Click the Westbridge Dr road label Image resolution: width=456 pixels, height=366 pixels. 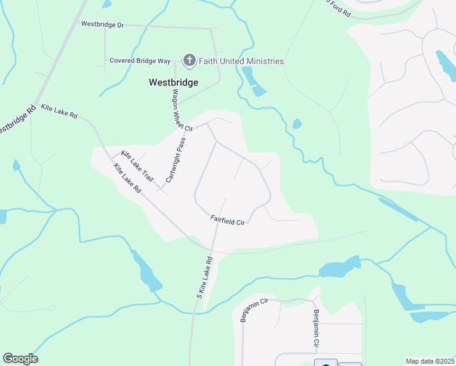(x=102, y=24)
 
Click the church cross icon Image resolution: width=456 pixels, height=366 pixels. (x=189, y=60)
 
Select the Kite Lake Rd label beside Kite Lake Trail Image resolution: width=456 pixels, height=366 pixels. (x=127, y=178)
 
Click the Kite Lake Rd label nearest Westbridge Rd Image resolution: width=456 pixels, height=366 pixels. (x=59, y=110)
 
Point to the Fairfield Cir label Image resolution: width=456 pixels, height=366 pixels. (x=227, y=220)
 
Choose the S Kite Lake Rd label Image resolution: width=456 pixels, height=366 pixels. (x=204, y=277)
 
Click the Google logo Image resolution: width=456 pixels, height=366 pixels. (x=20, y=359)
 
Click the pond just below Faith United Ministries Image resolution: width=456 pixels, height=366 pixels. (x=254, y=82)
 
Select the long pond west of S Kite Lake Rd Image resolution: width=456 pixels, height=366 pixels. (x=146, y=270)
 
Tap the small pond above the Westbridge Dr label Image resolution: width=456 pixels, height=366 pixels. (x=107, y=4)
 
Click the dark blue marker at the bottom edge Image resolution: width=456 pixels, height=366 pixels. (x=326, y=362)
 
